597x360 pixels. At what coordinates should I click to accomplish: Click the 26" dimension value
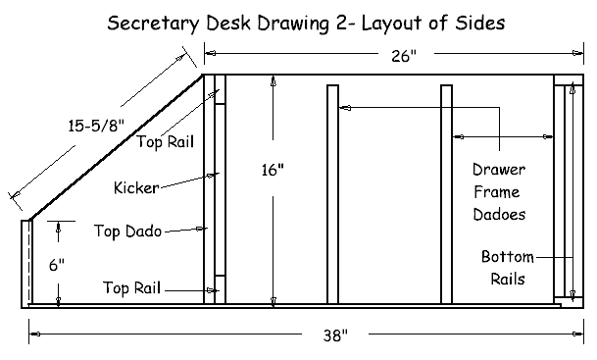tap(404, 56)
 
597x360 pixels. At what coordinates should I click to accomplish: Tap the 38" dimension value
tap(335, 335)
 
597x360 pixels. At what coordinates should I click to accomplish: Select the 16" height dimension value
tap(273, 170)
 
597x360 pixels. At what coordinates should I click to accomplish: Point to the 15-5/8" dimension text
tap(96, 126)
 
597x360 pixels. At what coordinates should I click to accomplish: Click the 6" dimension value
tap(57, 265)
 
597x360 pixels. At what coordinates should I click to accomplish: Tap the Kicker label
tap(136, 187)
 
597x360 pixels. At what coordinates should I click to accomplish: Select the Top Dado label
tap(127, 231)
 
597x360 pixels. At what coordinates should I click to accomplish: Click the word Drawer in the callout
tap(499, 170)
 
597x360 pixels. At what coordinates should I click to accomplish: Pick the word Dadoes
tap(499, 215)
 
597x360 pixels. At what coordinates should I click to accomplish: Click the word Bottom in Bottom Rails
tap(508, 257)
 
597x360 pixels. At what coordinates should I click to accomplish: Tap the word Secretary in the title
tap(153, 24)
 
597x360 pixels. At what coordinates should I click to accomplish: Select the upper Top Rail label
tap(166, 141)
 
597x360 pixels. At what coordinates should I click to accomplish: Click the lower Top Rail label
tap(131, 287)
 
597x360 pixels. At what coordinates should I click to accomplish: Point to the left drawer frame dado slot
tap(332, 194)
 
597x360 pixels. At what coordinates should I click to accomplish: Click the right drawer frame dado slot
tap(447, 194)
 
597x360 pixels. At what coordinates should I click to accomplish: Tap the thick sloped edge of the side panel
tap(117, 147)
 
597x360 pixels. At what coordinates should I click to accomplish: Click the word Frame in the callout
tap(497, 192)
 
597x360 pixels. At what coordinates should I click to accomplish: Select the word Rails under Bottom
tap(508, 280)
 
